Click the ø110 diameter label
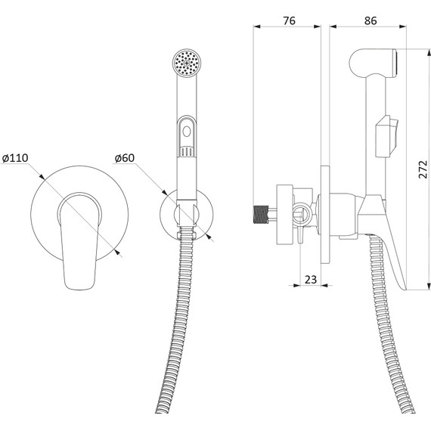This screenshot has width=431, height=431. pos(15,158)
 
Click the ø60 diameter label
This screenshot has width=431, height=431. pos(125,158)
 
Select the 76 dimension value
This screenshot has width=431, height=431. pos(289,20)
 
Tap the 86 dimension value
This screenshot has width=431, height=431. pos(371,20)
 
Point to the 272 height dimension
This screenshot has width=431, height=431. pos(423,169)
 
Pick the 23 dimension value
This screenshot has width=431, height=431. pos(311,280)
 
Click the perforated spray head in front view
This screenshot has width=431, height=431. pos(187,63)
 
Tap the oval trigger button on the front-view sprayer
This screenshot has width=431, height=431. pos(187,131)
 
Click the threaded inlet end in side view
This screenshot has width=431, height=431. pos(260,215)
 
